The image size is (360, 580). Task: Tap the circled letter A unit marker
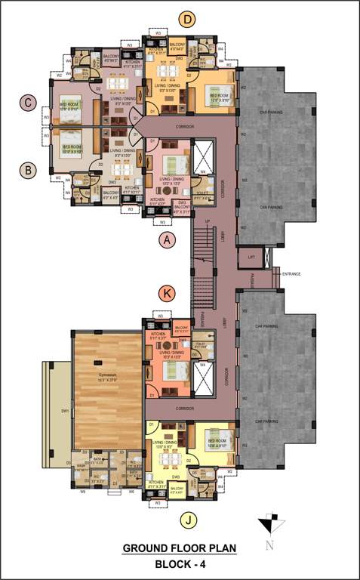click(168, 240)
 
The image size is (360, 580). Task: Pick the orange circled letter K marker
click(168, 292)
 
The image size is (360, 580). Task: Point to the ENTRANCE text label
click(291, 273)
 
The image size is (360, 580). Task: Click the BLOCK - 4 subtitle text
click(180, 564)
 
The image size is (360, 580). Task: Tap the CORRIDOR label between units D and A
click(185, 127)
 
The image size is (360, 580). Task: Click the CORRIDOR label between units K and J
click(185, 408)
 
